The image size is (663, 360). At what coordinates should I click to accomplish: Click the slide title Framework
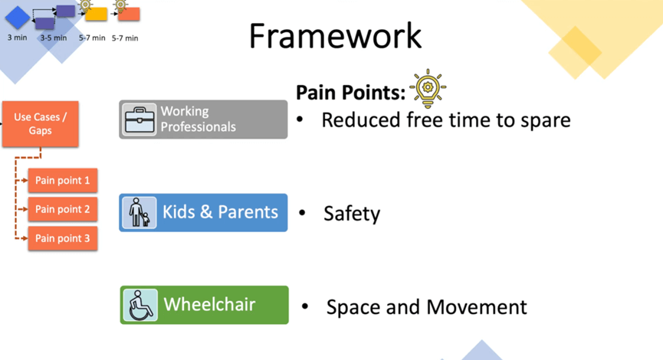[335, 36]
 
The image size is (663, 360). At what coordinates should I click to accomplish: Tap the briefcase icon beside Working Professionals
[139, 119]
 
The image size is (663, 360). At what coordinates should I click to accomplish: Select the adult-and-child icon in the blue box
[139, 212]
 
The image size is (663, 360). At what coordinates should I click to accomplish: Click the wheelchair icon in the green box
[140, 305]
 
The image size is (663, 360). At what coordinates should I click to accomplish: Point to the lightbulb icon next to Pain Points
[428, 88]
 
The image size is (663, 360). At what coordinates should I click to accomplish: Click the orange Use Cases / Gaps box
[40, 124]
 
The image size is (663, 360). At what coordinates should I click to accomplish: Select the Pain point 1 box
[63, 181]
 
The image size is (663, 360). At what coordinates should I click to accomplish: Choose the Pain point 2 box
[63, 209]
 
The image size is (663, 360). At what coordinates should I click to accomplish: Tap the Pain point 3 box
[63, 238]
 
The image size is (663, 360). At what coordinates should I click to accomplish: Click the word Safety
[352, 214]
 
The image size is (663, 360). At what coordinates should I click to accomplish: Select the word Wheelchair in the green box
[209, 304]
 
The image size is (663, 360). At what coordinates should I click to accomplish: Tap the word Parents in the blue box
[248, 211]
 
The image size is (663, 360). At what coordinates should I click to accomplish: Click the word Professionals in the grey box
[199, 126]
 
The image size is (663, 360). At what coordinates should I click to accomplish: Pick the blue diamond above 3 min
[18, 18]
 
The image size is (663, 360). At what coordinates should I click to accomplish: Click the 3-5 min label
[54, 38]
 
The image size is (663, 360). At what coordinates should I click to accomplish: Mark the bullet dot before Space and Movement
[305, 306]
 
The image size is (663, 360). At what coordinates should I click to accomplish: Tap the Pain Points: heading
[350, 92]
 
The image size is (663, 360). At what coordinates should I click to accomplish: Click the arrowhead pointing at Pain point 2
[25, 209]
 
